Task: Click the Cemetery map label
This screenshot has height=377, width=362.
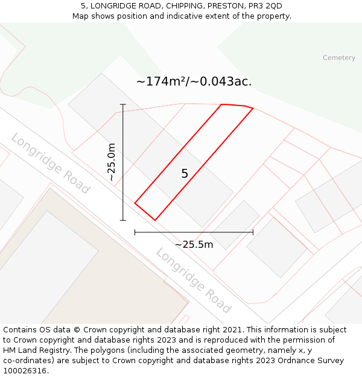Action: pos(338,58)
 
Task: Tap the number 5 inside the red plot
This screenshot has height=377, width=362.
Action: pos(185,174)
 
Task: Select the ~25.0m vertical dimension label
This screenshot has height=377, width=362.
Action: pos(112,162)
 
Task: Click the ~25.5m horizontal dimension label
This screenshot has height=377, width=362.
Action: pos(194,244)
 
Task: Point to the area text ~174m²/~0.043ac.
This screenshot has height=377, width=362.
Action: pos(194,81)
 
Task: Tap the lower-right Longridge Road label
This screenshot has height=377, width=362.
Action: pos(193,280)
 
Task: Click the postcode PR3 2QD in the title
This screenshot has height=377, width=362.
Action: pos(265,6)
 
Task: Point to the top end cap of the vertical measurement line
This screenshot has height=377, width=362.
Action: pos(123,104)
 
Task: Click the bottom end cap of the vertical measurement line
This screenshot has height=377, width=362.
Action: pos(123,220)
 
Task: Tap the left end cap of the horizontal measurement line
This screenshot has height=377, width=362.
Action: pos(135,232)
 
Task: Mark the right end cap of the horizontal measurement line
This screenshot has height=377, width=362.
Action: pos(253,232)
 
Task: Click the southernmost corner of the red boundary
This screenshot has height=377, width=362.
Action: pos(155,220)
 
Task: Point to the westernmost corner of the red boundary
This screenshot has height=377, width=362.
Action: pos(135,203)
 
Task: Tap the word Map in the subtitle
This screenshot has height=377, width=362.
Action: pos(81,16)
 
